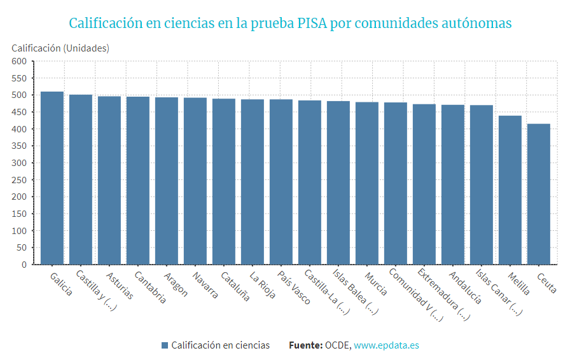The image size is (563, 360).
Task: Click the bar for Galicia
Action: pyautogui.click(x=52, y=178)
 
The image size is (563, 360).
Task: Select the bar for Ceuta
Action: pyautogui.click(x=539, y=194)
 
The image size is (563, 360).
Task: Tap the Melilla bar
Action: pyautogui.click(x=510, y=190)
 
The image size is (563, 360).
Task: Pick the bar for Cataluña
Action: pyautogui.click(x=224, y=181)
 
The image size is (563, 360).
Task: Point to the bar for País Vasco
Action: pyautogui.click(x=281, y=182)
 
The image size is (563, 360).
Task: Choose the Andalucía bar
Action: pyautogui.click(x=453, y=184)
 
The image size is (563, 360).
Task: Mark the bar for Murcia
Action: pyautogui.click(x=367, y=183)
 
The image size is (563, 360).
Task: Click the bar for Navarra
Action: pyautogui.click(x=195, y=181)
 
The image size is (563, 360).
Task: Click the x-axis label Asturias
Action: pyautogui.click(x=119, y=287)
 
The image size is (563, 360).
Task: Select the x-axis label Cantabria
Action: pyautogui.click(x=150, y=288)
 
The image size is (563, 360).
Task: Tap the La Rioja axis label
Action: pyautogui.click(x=261, y=286)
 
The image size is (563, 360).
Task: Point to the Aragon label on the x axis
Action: pyautogui.click(x=176, y=284)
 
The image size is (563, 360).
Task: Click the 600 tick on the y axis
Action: pyautogui.click(x=18, y=62)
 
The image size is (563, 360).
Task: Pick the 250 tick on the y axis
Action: pyautogui.click(x=18, y=180)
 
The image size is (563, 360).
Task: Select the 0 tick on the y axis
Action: pyautogui.click(x=24, y=265)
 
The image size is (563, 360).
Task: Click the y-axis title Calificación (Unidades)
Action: pyautogui.click(x=60, y=48)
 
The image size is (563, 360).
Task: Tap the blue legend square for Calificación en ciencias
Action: pyautogui.click(x=165, y=345)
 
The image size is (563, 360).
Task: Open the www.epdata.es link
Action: pyautogui.click(x=386, y=345)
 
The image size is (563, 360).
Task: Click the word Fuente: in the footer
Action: pyautogui.click(x=305, y=345)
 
